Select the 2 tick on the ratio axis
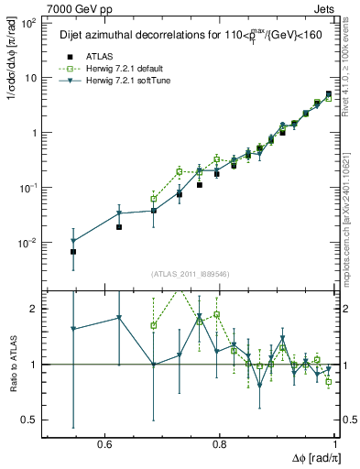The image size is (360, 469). [x=34, y=309]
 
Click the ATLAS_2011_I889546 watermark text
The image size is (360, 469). [x=191, y=274]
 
